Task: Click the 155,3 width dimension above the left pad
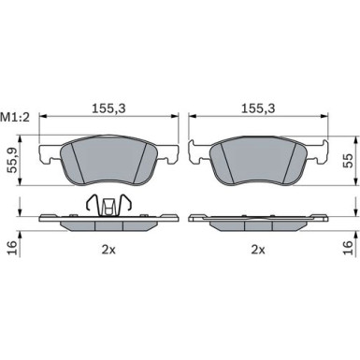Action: pyautogui.click(x=108, y=108)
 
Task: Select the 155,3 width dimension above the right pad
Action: pyautogui.click(x=258, y=108)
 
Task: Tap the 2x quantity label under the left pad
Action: pyautogui.click(x=108, y=250)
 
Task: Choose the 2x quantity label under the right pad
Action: pyautogui.click(x=258, y=250)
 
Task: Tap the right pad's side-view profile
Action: pyautogui.click(x=258, y=223)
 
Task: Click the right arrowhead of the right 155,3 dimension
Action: pyautogui.click(x=324, y=118)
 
